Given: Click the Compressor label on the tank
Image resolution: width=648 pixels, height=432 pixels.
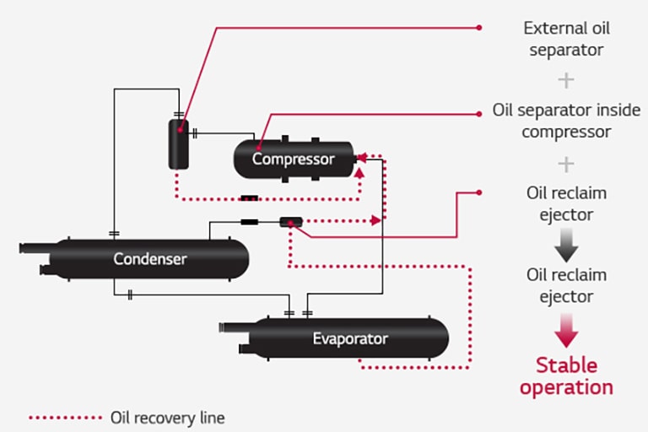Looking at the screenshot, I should pos(293,159).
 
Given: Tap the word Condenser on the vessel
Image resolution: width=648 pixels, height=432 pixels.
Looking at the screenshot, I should pos(150,258).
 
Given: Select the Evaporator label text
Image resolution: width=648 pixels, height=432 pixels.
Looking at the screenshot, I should pos(350,339).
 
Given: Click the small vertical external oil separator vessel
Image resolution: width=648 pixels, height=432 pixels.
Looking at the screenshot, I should pos(179,143).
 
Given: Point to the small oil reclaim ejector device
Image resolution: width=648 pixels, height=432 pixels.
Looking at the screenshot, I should pos(290,222).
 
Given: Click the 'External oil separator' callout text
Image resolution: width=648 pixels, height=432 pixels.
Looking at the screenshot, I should pos(566,39).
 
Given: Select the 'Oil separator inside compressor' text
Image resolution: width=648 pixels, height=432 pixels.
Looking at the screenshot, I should pos(566,121).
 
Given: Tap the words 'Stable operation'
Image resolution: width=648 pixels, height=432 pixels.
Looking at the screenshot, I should pos(566,376).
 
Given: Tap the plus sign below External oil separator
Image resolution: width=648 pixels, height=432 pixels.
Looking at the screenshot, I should pos(566,80).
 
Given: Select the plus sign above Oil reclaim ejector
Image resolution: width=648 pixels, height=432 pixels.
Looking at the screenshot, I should pos(566,163).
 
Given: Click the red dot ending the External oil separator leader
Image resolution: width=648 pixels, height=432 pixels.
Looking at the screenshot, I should pos(479,28).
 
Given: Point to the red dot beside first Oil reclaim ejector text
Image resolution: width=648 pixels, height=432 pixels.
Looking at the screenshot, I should pos(479,193).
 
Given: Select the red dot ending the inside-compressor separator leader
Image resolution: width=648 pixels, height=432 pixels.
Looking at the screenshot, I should pos(479,111).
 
